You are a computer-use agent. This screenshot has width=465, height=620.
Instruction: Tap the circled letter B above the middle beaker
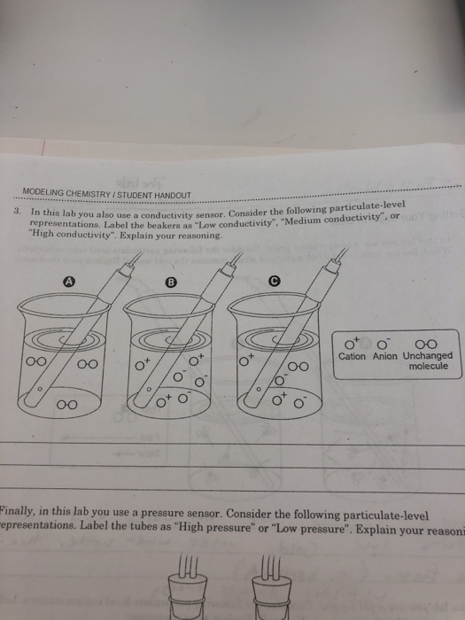tap(171, 282)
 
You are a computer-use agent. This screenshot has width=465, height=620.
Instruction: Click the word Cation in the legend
tap(352, 356)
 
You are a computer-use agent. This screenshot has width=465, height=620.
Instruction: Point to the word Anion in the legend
tap(385, 356)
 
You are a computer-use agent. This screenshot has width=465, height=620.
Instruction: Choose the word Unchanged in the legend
tap(427, 356)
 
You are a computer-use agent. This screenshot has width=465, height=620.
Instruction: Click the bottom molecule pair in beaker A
tap(66, 405)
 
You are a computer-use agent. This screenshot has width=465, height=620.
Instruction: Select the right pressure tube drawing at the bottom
tap(267, 585)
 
